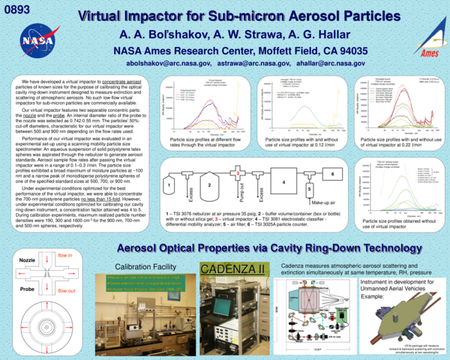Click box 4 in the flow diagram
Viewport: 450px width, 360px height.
283,182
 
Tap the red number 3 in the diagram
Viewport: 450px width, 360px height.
237,174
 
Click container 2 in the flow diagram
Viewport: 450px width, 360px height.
210,184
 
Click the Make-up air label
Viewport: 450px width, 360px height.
323,203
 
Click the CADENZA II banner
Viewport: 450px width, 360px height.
232,268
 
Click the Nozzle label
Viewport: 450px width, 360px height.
25,259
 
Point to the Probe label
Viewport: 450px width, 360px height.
25,288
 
